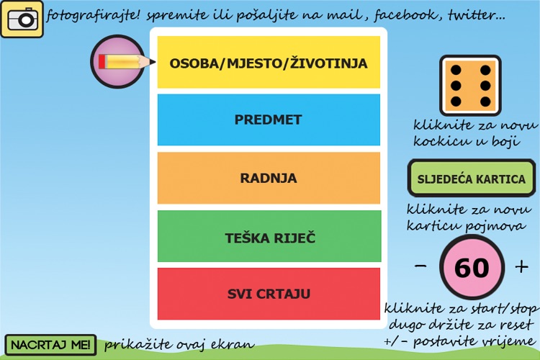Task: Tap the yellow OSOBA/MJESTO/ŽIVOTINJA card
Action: (x=269, y=63)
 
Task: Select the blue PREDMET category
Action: (x=269, y=120)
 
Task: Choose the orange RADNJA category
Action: (x=269, y=178)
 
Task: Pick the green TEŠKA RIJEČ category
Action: (x=269, y=236)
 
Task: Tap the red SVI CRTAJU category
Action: (x=269, y=294)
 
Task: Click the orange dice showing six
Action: (x=470, y=85)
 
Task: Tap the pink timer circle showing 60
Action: (x=472, y=268)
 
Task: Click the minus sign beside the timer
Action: (x=420, y=267)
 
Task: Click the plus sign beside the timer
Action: (x=522, y=267)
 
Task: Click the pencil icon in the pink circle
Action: (x=123, y=62)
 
